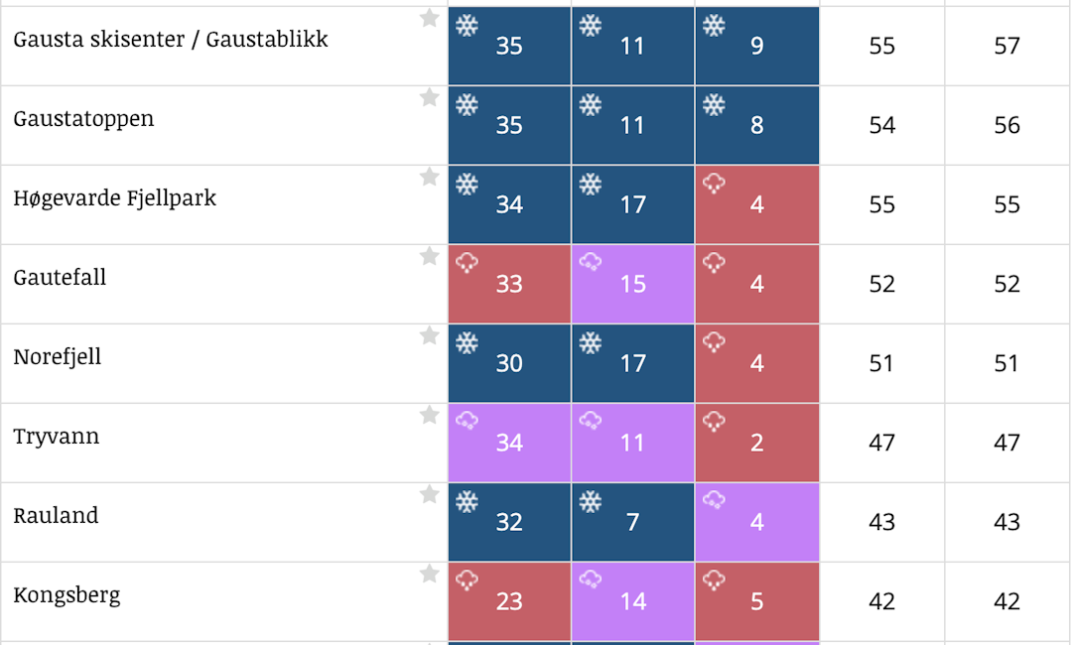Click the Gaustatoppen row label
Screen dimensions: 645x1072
click(x=83, y=119)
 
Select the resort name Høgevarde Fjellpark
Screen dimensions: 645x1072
click(x=114, y=198)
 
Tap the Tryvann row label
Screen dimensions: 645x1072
click(x=57, y=437)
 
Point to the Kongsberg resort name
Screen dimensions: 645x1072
click(x=67, y=595)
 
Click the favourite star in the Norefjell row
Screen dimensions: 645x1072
click(x=429, y=335)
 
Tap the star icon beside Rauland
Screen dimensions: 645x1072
click(x=429, y=494)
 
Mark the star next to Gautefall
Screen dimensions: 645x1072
click(x=429, y=256)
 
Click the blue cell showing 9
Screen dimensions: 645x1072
click(x=757, y=46)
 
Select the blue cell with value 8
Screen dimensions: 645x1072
click(x=757, y=125)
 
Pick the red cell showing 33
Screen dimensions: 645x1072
click(x=509, y=284)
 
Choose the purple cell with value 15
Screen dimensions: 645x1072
click(x=633, y=284)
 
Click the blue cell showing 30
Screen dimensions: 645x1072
click(x=509, y=363)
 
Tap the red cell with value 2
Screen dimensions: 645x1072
click(x=757, y=443)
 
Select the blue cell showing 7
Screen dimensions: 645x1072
click(x=633, y=522)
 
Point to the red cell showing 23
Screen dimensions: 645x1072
click(x=509, y=601)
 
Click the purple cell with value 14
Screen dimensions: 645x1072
click(x=633, y=601)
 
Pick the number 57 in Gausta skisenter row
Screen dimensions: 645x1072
click(x=1006, y=46)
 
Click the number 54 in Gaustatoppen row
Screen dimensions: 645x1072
click(x=882, y=125)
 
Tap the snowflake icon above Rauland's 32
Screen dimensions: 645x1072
click(x=467, y=501)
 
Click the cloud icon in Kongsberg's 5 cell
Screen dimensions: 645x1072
click(x=714, y=580)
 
